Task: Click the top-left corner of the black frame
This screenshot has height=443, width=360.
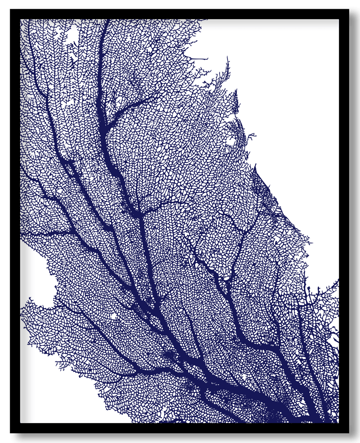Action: click(10, 8)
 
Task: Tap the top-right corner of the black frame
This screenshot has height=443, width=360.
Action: click(350, 8)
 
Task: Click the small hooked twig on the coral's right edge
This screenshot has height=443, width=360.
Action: click(251, 136)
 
